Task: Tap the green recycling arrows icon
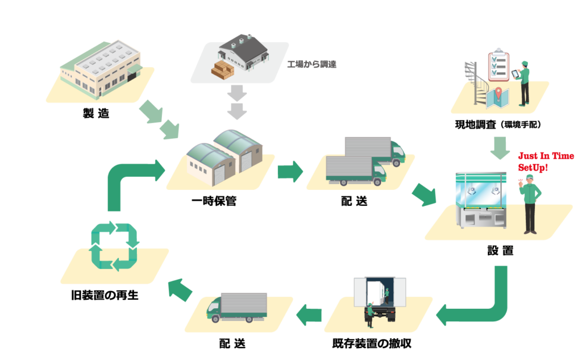(x=115, y=246)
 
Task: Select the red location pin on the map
(x=498, y=92)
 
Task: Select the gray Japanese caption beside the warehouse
(x=312, y=64)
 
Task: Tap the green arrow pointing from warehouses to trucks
(x=290, y=171)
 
